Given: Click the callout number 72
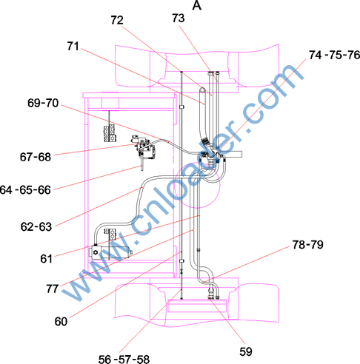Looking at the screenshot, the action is pos(117,20).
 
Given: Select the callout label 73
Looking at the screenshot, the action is pos(179,18).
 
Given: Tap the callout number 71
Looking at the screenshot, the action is pos(73,46).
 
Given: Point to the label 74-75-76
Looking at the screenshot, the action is pos(334,55).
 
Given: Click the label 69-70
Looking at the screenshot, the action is pos(43,103).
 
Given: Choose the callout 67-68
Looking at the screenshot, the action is pos(36,157).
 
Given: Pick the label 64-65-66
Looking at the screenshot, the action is pos(25,190).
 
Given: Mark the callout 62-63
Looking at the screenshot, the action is pos(36,226).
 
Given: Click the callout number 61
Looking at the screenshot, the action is pos(46,259).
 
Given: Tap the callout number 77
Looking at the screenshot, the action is pos(52,289).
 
